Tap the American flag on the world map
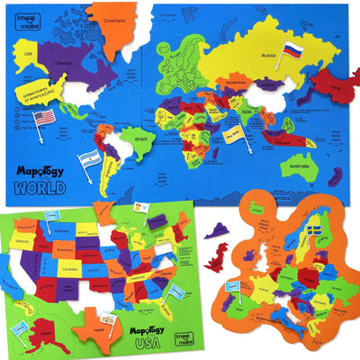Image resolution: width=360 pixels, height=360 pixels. coord(45,116)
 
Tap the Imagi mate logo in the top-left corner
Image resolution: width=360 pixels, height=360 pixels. coord(31,15)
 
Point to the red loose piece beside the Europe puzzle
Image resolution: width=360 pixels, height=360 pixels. coord(217,261)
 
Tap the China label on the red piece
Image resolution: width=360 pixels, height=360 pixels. coord(332,87)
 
